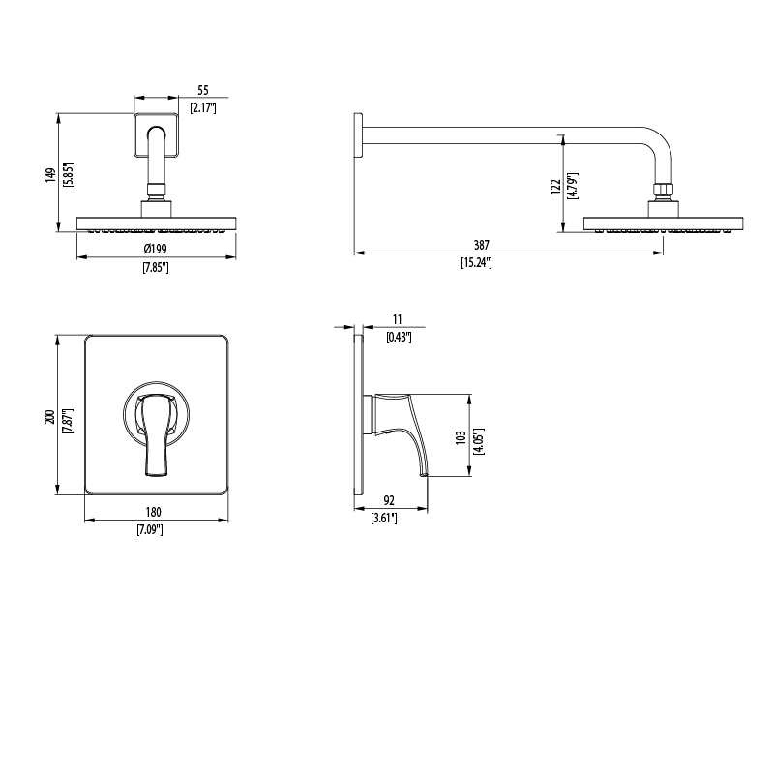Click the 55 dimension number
[203, 90]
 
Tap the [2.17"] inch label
[203, 107]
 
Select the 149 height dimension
[50, 175]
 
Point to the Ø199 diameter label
[156, 249]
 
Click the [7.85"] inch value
[156, 268]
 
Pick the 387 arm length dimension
[481, 245]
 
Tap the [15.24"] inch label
[476, 262]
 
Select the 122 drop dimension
[555, 186]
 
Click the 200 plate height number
[50, 416]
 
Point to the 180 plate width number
[154, 512]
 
